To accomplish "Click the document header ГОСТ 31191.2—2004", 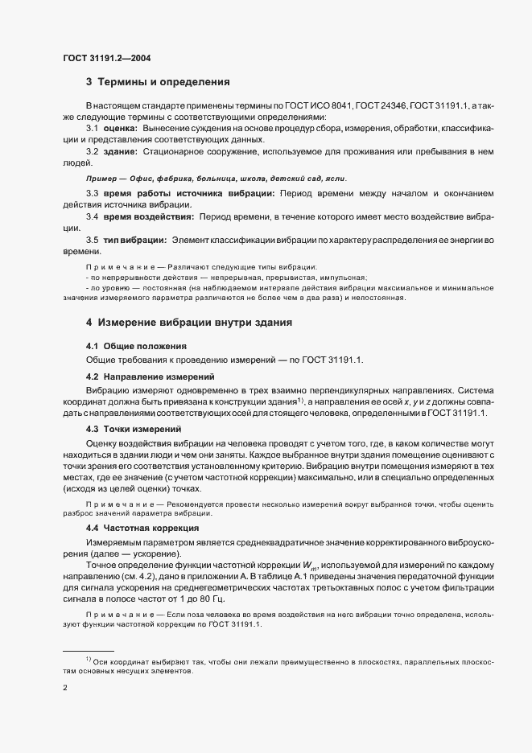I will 106,58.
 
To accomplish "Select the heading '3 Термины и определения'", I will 158,82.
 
